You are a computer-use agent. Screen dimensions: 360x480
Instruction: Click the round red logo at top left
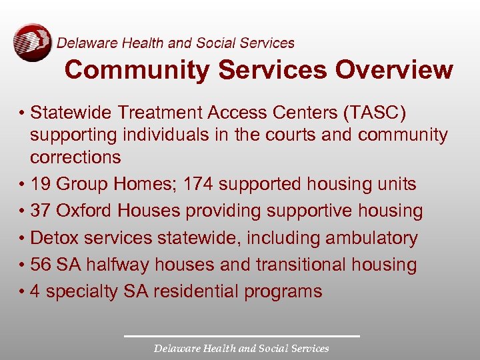pyautogui.click(x=31, y=43)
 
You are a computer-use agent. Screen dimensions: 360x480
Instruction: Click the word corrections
pyautogui.click(x=75, y=158)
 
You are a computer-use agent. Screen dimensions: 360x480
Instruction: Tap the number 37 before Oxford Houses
pyautogui.click(x=41, y=211)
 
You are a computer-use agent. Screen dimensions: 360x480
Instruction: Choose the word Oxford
pyautogui.click(x=83, y=211)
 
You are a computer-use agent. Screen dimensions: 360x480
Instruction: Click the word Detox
pyautogui.click(x=53, y=238)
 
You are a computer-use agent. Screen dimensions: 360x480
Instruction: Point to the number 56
pyautogui.click(x=41, y=265)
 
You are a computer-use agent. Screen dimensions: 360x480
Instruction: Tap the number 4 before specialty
pyautogui.click(x=35, y=291)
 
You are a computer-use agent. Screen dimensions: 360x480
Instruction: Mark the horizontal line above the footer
pyautogui.click(x=241, y=336)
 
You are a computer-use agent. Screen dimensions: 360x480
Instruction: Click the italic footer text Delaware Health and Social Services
pyautogui.click(x=241, y=348)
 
